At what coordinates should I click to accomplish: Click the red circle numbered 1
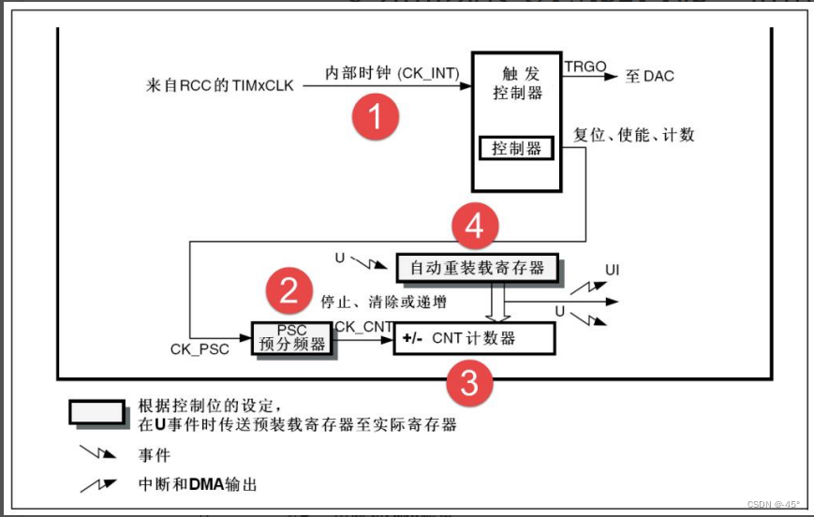click(375, 119)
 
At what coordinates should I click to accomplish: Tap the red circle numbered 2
click(289, 292)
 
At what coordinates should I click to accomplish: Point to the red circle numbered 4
click(476, 227)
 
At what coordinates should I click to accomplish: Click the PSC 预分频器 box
click(291, 338)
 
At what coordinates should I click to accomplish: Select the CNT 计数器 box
click(474, 338)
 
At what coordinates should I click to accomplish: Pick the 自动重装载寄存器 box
click(477, 268)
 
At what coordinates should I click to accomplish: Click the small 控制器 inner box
click(516, 148)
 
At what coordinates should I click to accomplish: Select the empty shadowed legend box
click(96, 413)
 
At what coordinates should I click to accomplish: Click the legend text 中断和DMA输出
click(197, 484)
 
